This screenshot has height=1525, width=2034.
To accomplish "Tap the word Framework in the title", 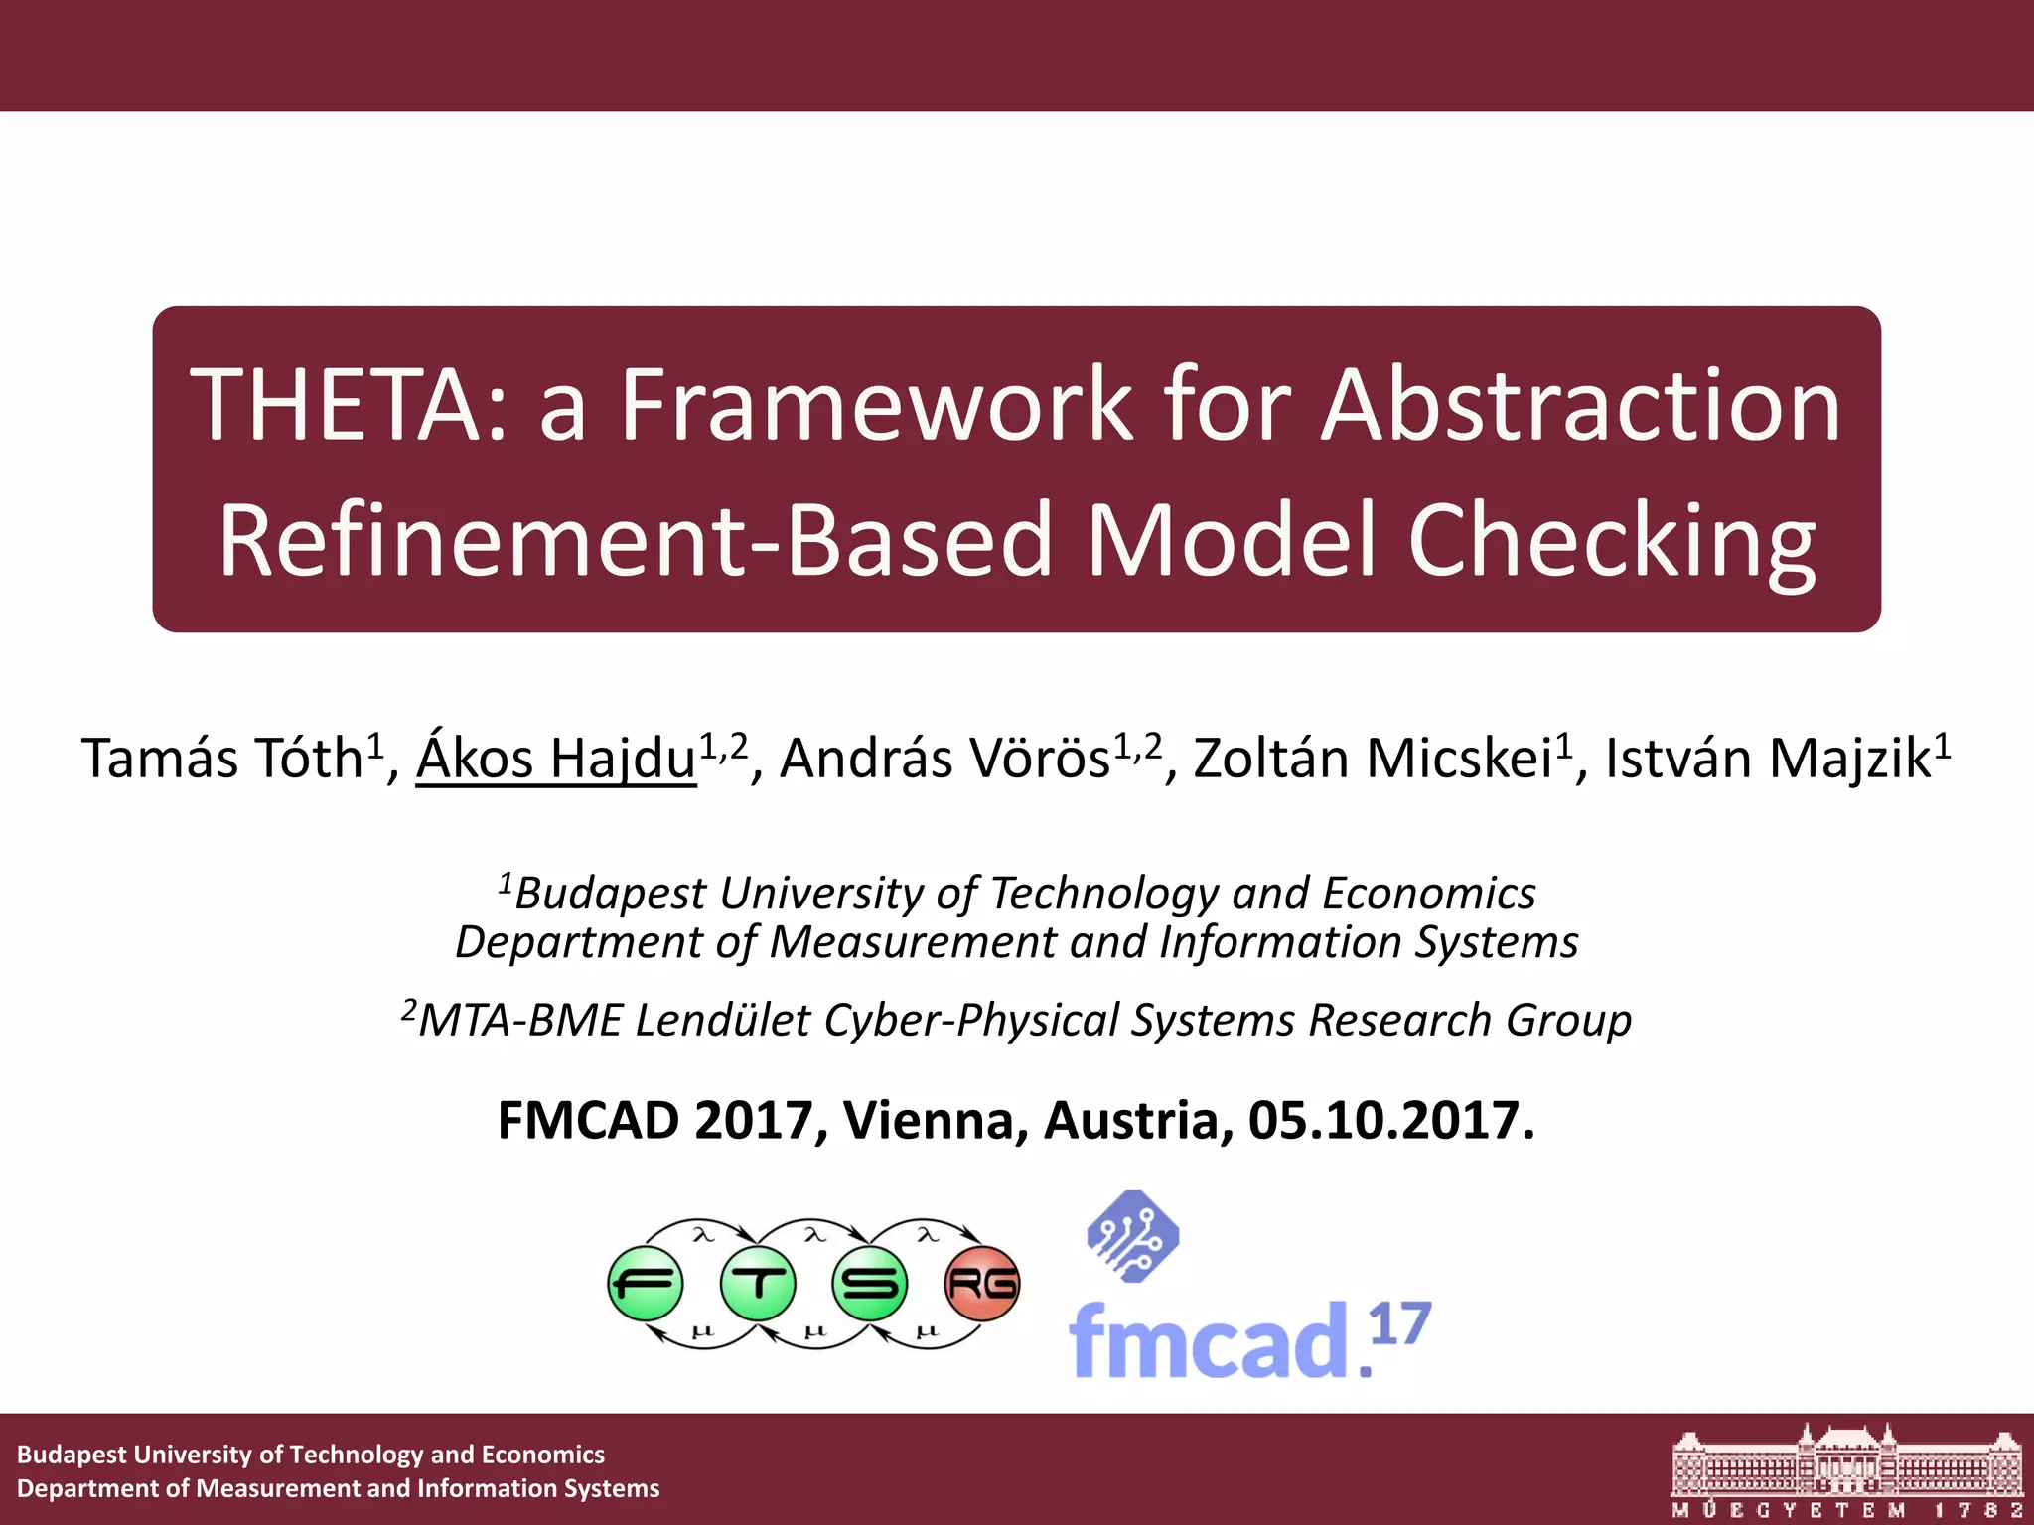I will [x=875, y=405].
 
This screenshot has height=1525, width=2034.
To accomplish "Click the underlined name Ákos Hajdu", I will [x=555, y=760].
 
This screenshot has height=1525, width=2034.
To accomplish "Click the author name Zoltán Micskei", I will [x=1373, y=760].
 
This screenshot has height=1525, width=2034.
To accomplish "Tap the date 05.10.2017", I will [x=1390, y=1121].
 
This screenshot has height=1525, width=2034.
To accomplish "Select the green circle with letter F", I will [x=646, y=1284].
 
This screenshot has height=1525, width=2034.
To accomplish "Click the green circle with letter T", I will [x=758, y=1284].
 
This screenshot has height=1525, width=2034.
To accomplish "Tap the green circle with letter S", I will [x=870, y=1284].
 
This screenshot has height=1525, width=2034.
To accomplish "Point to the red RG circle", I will [x=982, y=1284].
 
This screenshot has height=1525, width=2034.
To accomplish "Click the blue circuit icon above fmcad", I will [x=1133, y=1236].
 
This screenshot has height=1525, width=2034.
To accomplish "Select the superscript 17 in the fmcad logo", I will [x=1400, y=1323].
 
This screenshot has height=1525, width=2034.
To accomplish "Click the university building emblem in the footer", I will [x=1847, y=1460].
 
